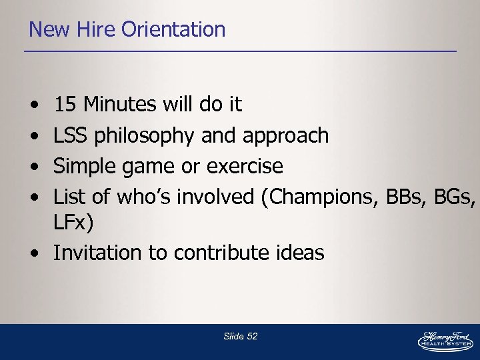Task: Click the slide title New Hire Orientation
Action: pyautogui.click(x=127, y=29)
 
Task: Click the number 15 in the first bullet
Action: pyautogui.click(x=65, y=105)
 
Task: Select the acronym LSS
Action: pyautogui.click(x=71, y=135)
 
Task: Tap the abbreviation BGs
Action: pyautogui.click(x=454, y=197)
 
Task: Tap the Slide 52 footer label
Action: pyautogui.click(x=240, y=337)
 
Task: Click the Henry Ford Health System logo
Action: pyautogui.click(x=445, y=341)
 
